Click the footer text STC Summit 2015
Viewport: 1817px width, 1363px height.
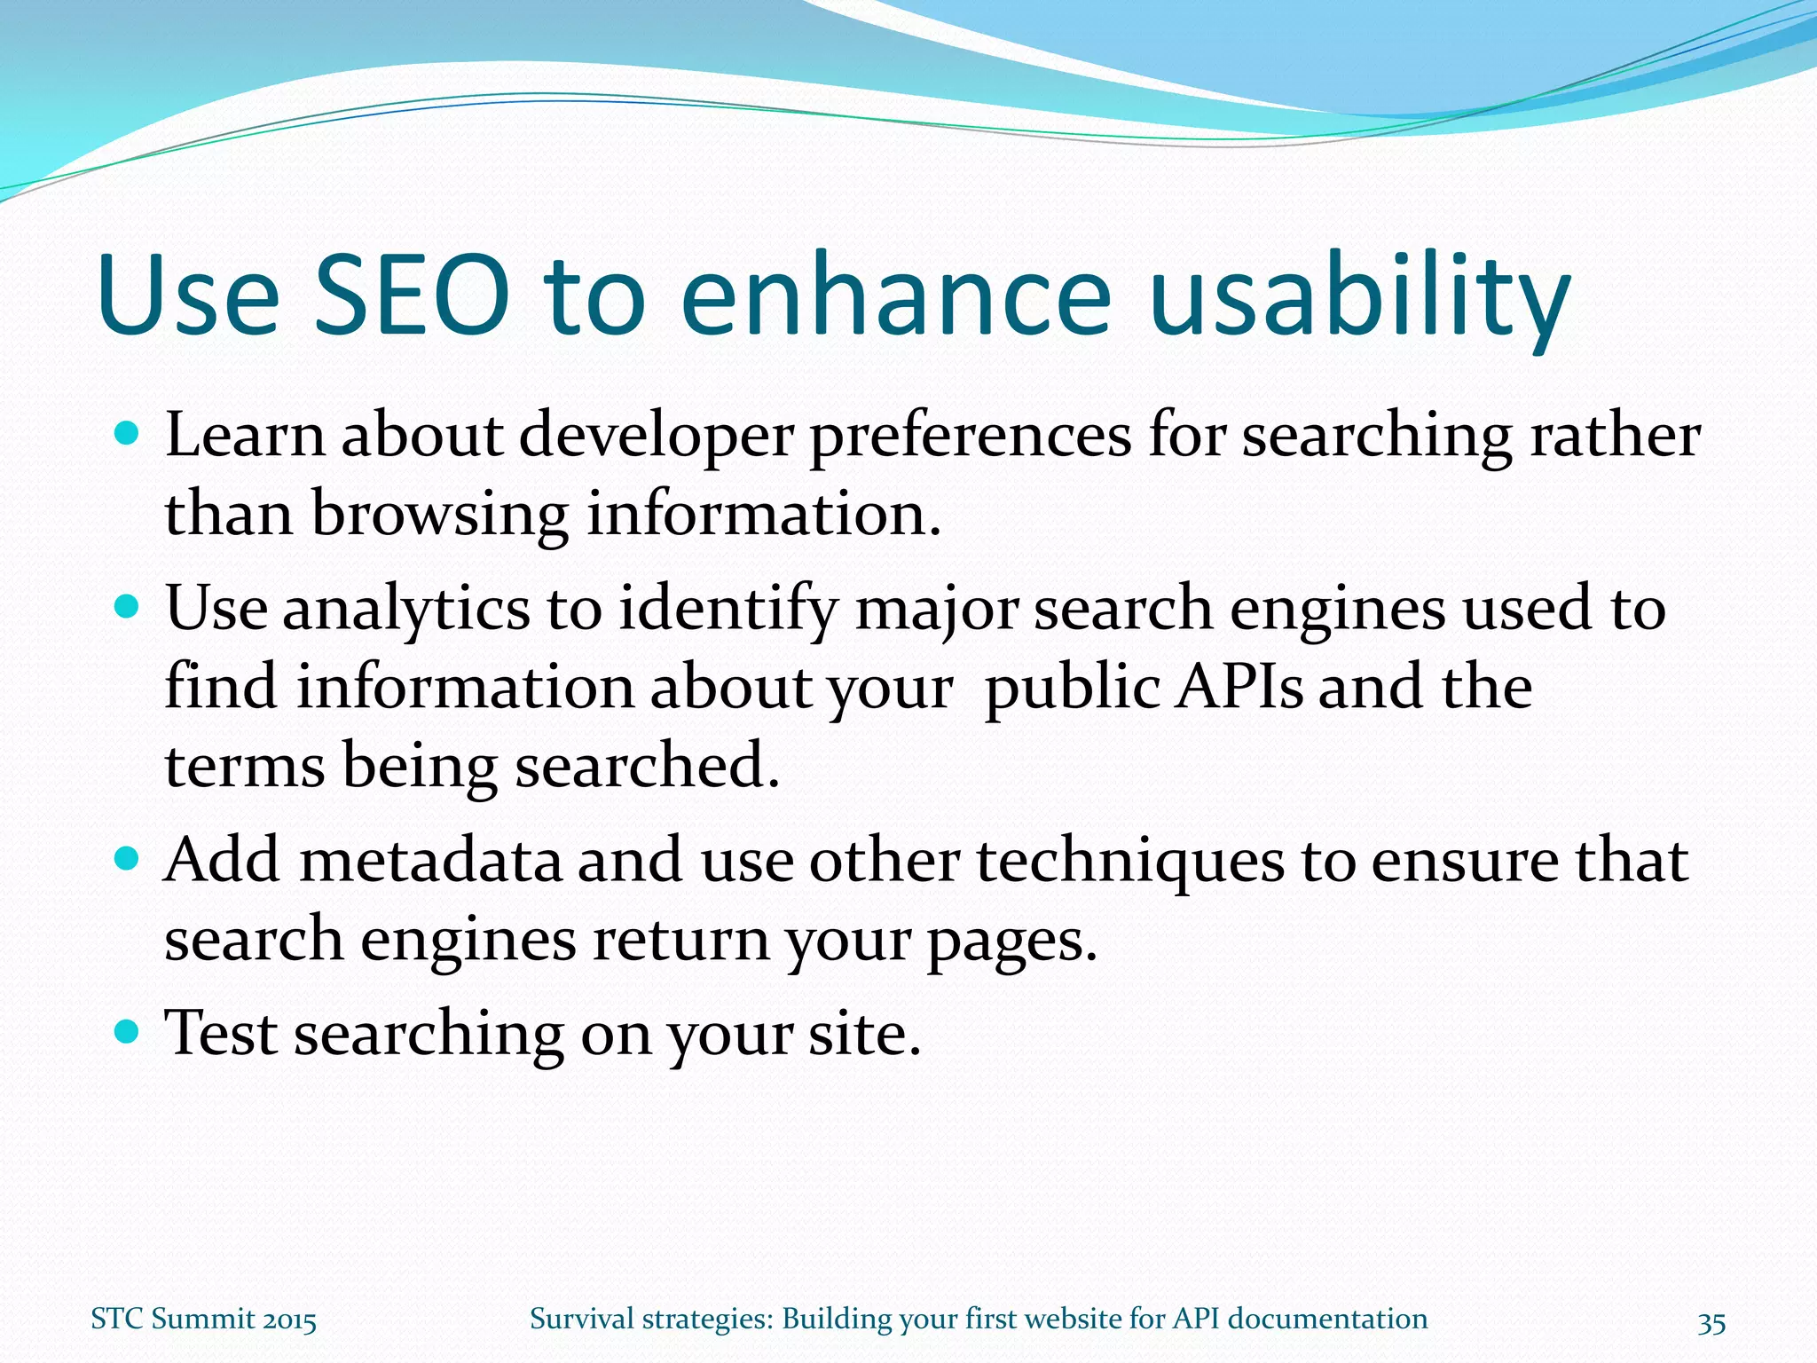pos(203,1320)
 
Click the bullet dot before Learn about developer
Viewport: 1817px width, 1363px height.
pos(128,435)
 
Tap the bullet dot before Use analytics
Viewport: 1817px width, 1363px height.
pos(128,607)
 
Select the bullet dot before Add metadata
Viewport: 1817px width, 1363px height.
pos(128,859)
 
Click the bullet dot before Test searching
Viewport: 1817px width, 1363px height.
pos(128,1031)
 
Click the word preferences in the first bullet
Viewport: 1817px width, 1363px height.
pos(971,437)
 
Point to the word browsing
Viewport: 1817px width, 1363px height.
pos(440,515)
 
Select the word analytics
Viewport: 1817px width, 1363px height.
pos(406,611)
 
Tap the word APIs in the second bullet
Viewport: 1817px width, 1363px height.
pos(1239,687)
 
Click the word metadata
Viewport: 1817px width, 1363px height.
pos(430,860)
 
